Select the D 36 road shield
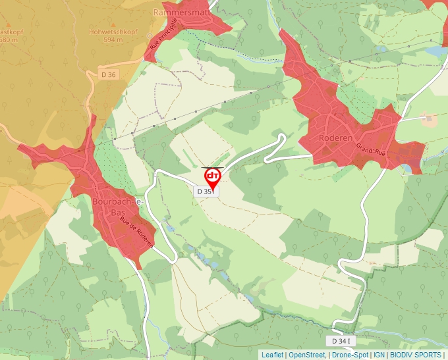pyautogui.click(x=109, y=75)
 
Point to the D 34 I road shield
pyautogui.click(x=342, y=341)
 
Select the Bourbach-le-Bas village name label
pyautogui.click(x=118, y=206)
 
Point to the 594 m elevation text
pyautogui.click(x=113, y=39)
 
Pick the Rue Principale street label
pyautogui.click(x=163, y=34)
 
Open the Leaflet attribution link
pyautogui.click(x=272, y=355)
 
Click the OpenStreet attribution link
pyautogui.click(x=306, y=355)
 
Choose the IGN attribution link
pyautogui.click(x=379, y=355)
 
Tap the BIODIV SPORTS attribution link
pyautogui.click(x=416, y=355)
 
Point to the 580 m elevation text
pyautogui.click(x=8, y=39)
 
